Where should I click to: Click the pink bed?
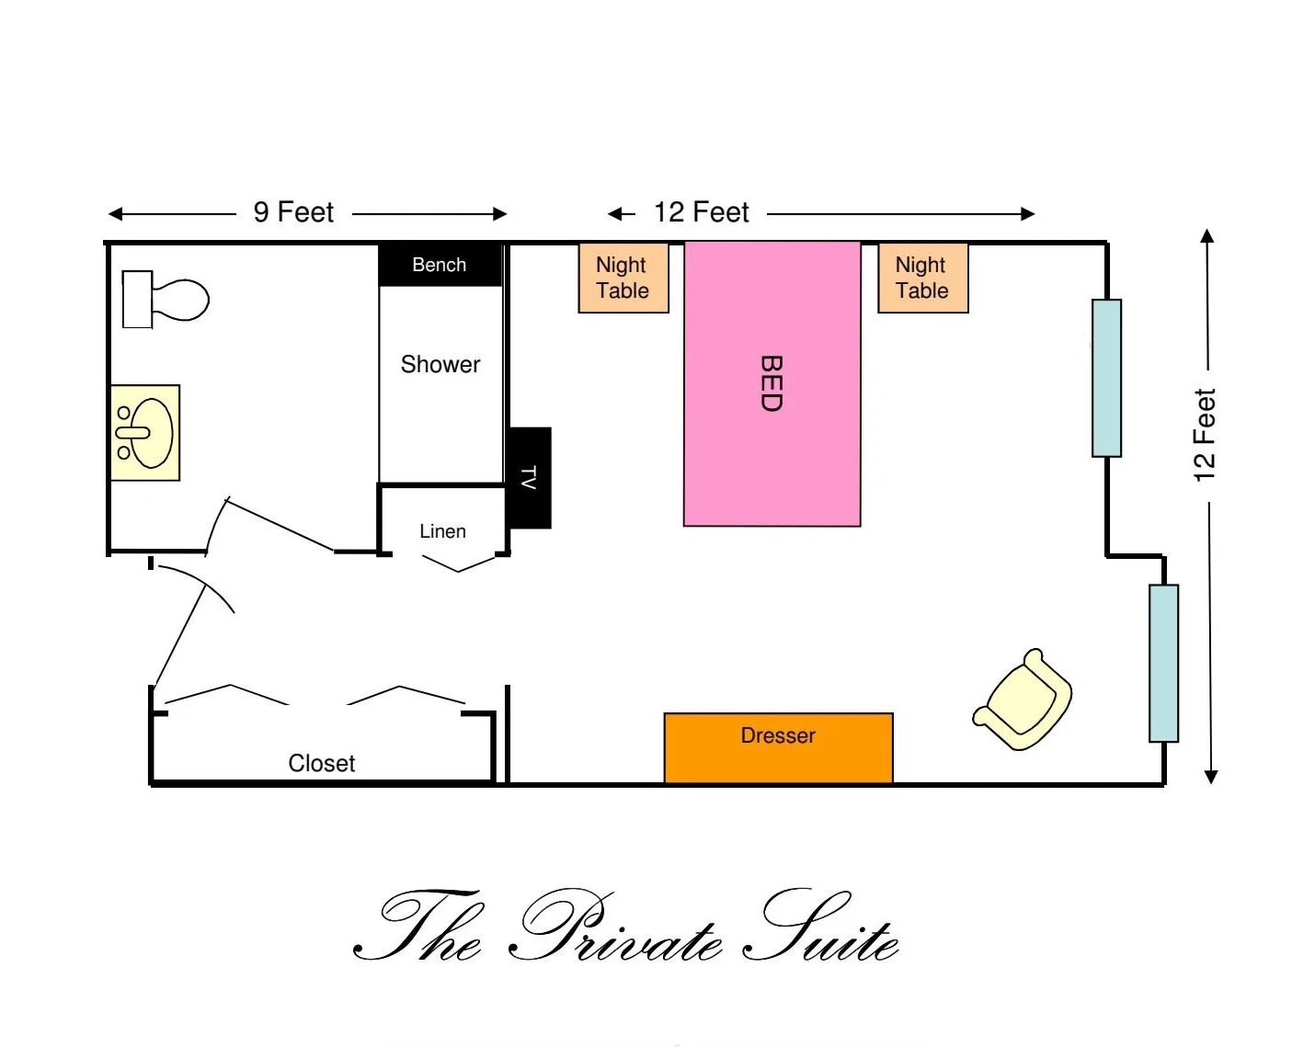[772, 383]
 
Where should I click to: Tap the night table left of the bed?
[623, 278]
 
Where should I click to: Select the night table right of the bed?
[922, 278]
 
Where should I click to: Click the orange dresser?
[779, 747]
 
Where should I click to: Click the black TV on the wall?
[530, 478]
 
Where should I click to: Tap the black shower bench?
[440, 265]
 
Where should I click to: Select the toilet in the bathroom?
[166, 300]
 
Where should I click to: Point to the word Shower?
[440, 364]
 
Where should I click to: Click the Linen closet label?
[442, 531]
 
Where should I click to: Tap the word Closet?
[322, 763]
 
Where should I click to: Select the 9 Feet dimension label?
[293, 212]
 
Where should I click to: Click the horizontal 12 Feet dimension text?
[702, 212]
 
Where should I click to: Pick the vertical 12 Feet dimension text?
[1205, 435]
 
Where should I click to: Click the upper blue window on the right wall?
[1106, 378]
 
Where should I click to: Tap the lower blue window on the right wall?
[1163, 664]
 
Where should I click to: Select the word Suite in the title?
[820, 927]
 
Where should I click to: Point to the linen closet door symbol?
[458, 563]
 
